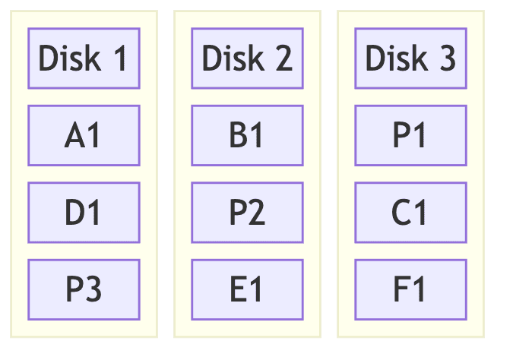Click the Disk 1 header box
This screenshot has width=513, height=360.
[x=84, y=58]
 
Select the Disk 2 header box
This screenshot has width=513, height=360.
[x=247, y=58]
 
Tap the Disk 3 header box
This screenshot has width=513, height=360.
[x=410, y=58]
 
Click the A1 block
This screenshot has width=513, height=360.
[x=84, y=135]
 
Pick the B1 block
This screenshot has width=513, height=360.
[x=247, y=135]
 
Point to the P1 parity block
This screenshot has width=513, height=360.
[x=410, y=135]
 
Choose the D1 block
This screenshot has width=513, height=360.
[x=84, y=212]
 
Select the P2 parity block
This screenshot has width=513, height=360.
[x=247, y=212]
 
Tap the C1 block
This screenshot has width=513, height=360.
[x=410, y=212]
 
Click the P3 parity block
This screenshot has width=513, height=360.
[x=84, y=289]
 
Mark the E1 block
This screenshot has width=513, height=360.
[x=247, y=289]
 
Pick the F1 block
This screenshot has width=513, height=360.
[x=410, y=289]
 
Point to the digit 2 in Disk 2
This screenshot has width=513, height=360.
[x=283, y=58]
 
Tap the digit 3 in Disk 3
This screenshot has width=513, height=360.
[x=446, y=58]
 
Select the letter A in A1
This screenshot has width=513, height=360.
[x=74, y=135]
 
